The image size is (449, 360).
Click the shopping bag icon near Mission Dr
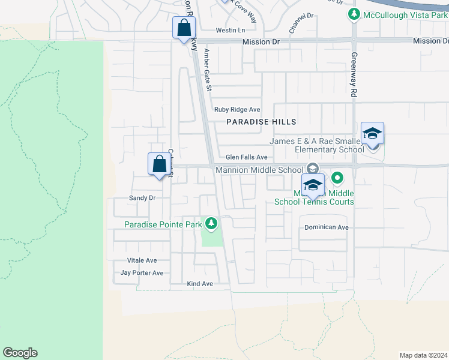184,28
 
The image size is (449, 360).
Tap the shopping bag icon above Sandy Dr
159,164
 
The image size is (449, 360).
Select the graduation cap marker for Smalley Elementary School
372,134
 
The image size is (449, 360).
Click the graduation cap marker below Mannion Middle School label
313,185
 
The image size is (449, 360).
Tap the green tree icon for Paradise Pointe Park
211,224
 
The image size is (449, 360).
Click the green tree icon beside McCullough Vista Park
355,14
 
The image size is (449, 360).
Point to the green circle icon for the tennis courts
337,178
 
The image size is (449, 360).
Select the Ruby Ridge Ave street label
237,110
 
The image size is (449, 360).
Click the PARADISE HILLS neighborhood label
261,122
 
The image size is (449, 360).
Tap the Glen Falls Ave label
246,157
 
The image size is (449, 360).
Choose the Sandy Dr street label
142,197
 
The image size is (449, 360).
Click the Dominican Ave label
327,227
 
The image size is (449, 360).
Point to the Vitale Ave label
142,260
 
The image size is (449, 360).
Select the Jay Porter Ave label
142,273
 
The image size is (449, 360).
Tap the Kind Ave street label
200,283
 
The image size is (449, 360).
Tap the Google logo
20,353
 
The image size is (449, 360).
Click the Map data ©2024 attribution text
423,355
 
